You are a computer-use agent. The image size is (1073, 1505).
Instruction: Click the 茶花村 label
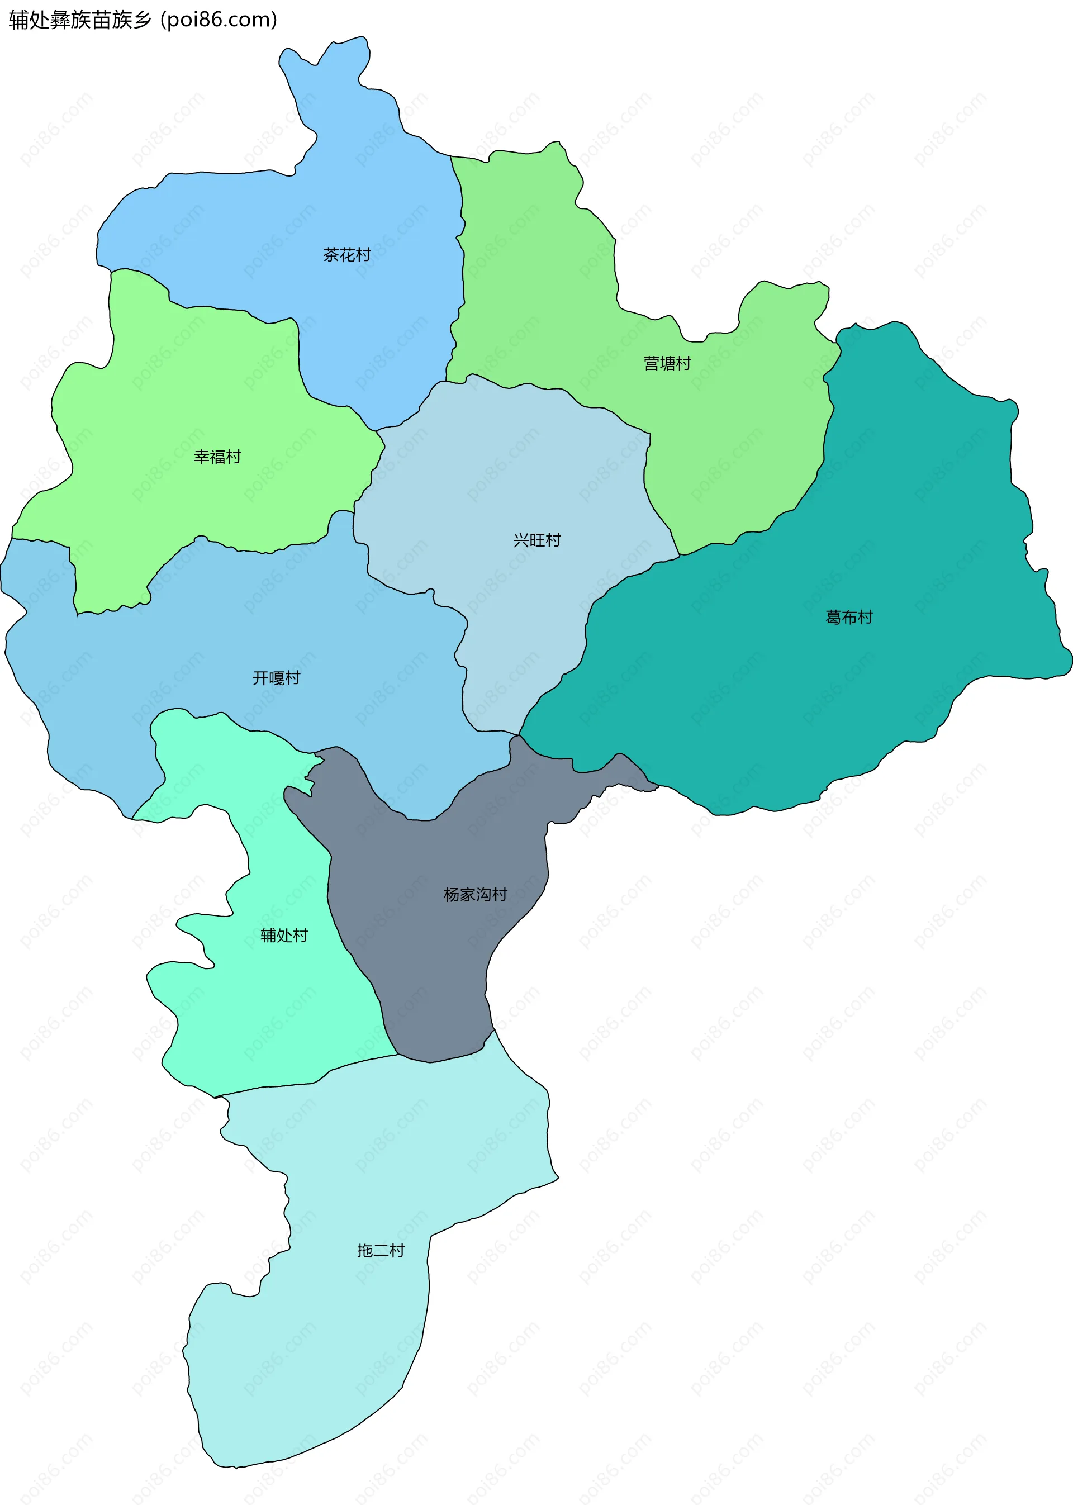pos(347,255)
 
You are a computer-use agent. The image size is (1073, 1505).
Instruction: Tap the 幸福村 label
pos(217,457)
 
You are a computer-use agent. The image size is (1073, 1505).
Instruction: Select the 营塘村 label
pos(667,363)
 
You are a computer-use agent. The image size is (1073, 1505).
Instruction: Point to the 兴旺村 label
pos(536,540)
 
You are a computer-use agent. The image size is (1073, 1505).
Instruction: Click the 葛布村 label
pos(849,617)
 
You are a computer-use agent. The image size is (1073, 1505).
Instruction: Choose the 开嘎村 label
pos(276,678)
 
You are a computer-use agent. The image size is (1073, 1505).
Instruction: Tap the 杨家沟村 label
pos(475,895)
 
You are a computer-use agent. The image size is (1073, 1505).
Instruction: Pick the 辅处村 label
pos(284,936)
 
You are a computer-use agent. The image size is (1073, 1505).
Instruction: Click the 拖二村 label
pos(381,1251)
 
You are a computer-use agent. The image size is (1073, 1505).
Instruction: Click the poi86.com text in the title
pos(219,20)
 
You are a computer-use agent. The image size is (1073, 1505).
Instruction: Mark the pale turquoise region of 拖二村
pos(330,1354)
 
